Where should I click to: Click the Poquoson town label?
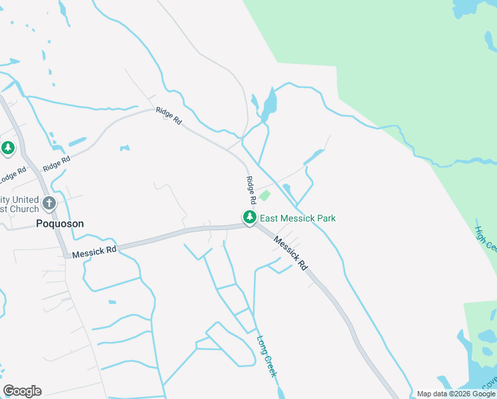[x=60, y=224]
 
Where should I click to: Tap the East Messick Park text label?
[x=297, y=218]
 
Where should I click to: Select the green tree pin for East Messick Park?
[x=249, y=217]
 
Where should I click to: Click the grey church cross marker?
[x=49, y=203]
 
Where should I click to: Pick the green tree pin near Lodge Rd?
[x=8, y=148]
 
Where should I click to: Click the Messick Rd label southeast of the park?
[x=291, y=254]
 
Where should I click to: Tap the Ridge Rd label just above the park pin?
[x=251, y=190]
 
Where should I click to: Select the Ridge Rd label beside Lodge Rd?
[x=56, y=163]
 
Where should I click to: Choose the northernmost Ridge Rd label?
[x=169, y=116]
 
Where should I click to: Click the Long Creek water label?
[x=266, y=356]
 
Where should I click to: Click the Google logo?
[x=22, y=391]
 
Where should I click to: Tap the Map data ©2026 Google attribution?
[x=456, y=394]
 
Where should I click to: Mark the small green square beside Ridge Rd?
[x=264, y=196]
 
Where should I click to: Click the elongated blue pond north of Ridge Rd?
[x=269, y=104]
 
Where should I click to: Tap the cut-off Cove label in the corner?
[x=490, y=383]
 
